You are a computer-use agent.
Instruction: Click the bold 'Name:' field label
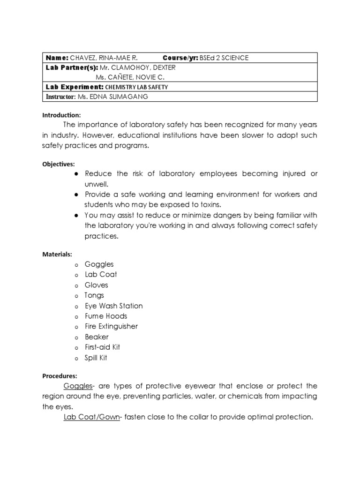click(57, 58)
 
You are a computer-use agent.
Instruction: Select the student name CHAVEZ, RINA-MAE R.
click(104, 58)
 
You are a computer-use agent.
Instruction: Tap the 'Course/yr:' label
click(180, 58)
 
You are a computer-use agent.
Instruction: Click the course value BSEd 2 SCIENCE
click(224, 58)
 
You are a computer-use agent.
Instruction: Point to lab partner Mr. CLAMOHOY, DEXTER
click(138, 67)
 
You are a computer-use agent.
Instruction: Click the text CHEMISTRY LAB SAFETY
click(136, 87)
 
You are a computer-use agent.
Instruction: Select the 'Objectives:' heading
click(58, 164)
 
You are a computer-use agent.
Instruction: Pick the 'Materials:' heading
click(57, 254)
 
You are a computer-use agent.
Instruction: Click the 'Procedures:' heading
click(60, 376)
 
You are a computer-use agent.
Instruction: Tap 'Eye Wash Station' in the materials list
click(113, 306)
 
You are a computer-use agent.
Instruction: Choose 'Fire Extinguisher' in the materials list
click(111, 326)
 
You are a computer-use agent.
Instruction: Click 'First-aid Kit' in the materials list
click(102, 347)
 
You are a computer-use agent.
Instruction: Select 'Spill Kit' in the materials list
click(96, 358)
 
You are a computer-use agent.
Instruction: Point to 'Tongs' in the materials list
click(94, 295)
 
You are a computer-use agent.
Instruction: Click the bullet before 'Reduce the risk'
click(75, 174)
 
